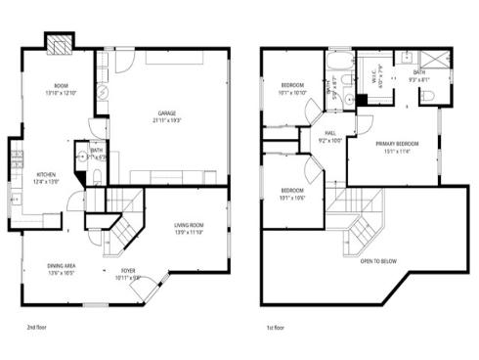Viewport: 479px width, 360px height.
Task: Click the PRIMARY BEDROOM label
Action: pyautogui.click(x=397, y=144)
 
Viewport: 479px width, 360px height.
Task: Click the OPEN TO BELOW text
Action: pyautogui.click(x=378, y=261)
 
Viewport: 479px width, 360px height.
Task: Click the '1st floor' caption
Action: pyautogui.click(x=276, y=328)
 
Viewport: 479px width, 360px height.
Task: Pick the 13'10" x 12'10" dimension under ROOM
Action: pyautogui.click(x=61, y=92)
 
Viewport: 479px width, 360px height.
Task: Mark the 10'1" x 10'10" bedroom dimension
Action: pyautogui.click(x=293, y=94)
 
